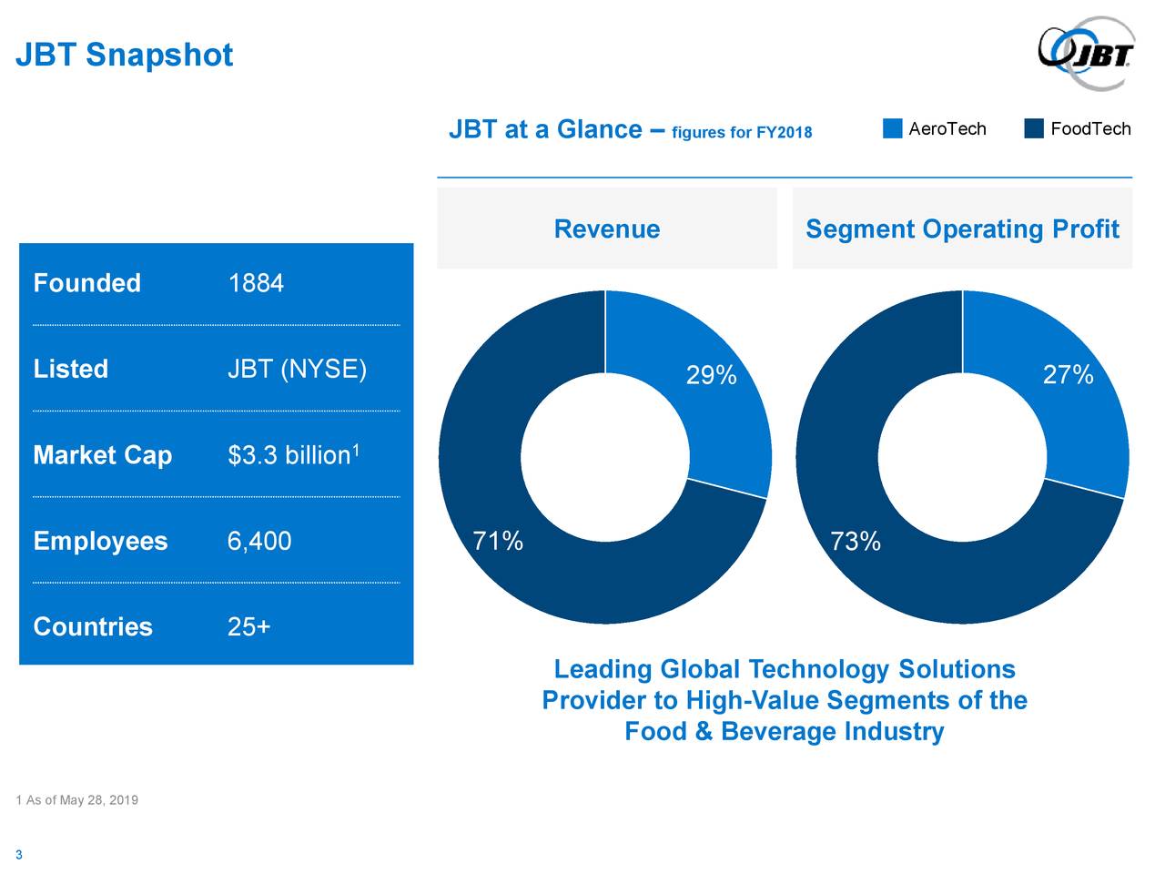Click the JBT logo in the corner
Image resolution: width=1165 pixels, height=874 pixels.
coord(1086,54)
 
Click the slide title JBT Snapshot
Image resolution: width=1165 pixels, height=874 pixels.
coord(124,56)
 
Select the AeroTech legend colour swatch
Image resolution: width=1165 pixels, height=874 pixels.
coord(892,128)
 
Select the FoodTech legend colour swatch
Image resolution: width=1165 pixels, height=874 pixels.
coord(1033,128)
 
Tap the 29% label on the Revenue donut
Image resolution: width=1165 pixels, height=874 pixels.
coord(711,375)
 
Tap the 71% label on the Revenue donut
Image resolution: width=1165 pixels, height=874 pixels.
coord(498,542)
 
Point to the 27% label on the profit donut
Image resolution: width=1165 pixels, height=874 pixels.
coord(1068,375)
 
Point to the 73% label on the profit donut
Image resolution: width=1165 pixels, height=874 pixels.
coord(856,543)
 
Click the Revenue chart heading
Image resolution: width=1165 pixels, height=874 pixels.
coord(607,229)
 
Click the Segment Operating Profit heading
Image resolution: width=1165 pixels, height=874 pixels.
coord(962,229)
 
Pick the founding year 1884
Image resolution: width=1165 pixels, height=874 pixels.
coord(256,284)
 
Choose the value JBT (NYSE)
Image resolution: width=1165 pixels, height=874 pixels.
coord(297,370)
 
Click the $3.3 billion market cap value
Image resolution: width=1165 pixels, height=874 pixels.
coord(289,455)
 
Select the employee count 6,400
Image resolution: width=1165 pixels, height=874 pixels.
coord(259,542)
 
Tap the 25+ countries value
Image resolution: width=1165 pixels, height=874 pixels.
coord(248,627)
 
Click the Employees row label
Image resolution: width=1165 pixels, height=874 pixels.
coord(100,542)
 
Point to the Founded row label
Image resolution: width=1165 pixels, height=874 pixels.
coord(86,284)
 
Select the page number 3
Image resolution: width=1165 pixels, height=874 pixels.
coord(18,855)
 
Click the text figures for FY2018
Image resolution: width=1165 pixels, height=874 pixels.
coord(741,133)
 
